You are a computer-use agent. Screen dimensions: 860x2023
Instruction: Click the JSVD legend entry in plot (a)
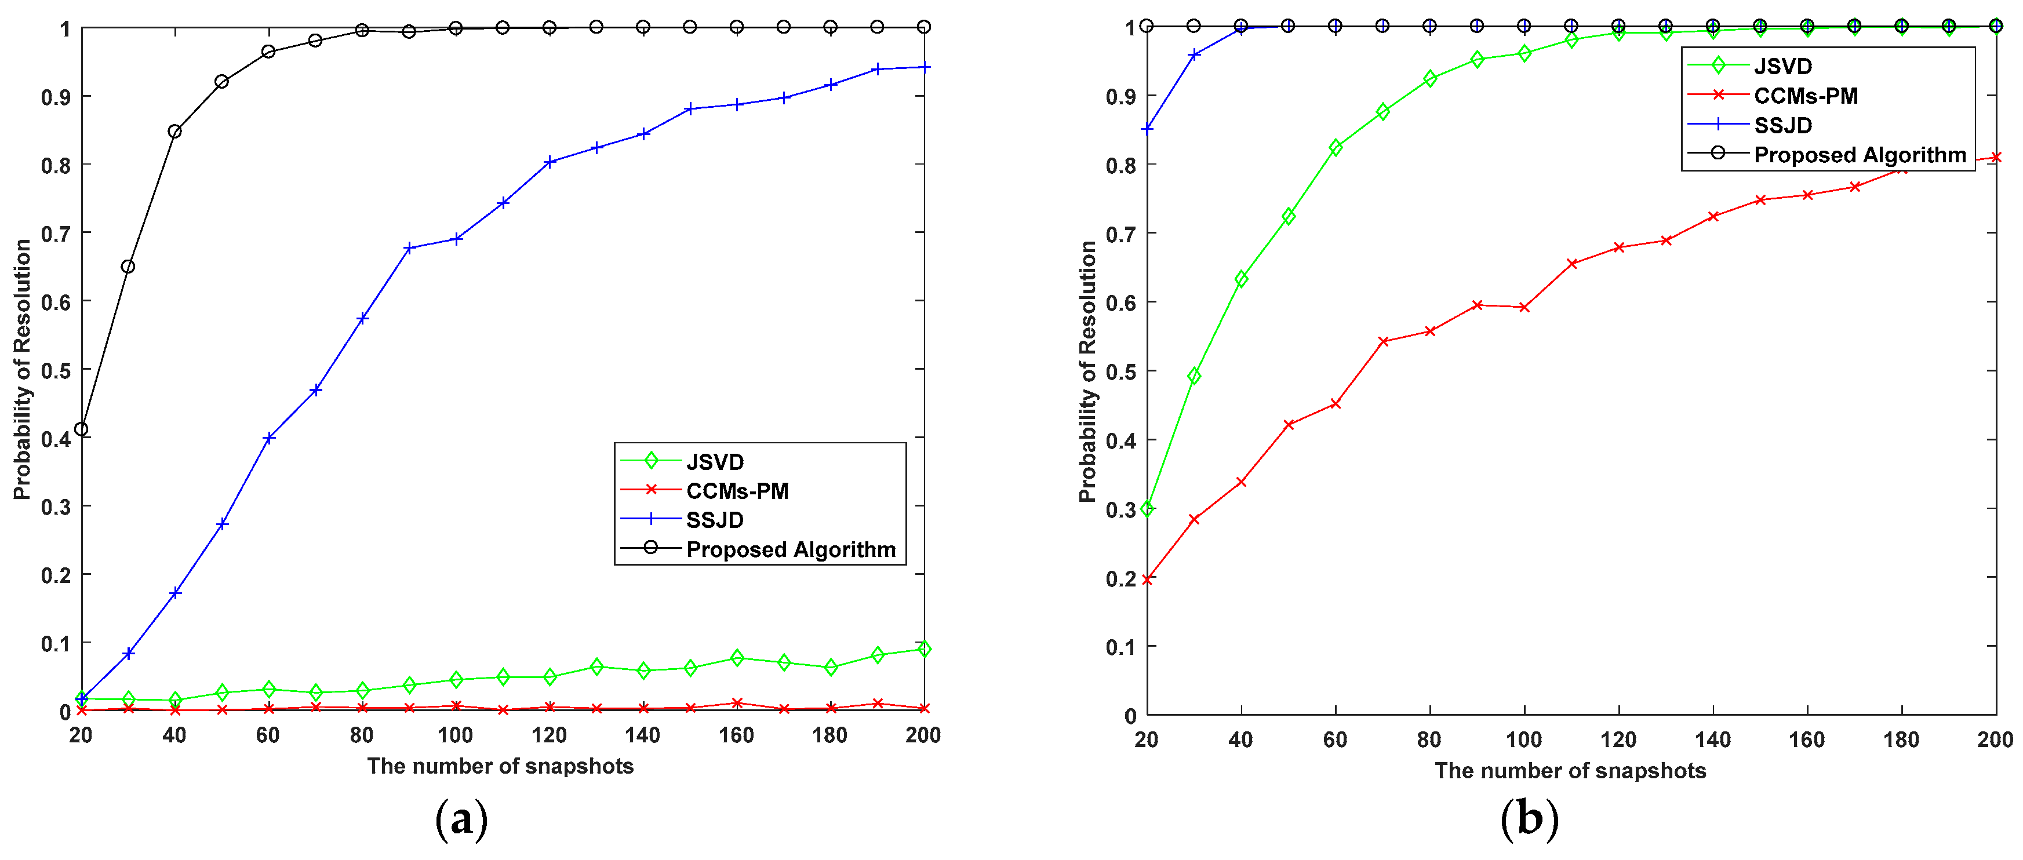click(714, 462)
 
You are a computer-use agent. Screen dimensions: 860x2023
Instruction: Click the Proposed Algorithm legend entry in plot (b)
click(1859, 155)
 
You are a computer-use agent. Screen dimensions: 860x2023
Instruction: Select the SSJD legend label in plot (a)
click(714, 520)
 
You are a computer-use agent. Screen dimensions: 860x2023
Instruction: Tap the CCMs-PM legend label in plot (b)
click(1806, 96)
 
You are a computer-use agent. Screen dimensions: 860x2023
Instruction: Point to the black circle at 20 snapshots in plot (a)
click(81, 429)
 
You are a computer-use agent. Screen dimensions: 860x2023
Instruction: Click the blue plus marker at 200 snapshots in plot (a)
click(925, 68)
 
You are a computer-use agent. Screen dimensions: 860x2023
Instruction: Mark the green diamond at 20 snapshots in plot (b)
click(1147, 508)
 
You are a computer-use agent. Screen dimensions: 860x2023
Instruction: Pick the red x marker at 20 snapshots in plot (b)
click(1147, 580)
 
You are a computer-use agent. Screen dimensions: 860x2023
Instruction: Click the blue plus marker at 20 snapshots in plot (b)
click(1147, 129)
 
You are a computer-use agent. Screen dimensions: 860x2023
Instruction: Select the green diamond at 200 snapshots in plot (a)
click(925, 648)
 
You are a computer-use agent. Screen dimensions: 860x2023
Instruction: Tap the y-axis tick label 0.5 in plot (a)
click(56, 370)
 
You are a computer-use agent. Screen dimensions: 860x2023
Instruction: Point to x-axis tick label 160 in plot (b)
click(1806, 739)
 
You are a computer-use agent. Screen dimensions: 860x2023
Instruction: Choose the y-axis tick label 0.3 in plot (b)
click(1120, 509)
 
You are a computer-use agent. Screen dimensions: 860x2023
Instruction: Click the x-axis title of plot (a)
click(500, 766)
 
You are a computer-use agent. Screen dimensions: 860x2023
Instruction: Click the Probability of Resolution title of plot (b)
click(1087, 371)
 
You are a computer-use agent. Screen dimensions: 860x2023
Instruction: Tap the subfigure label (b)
click(1528, 819)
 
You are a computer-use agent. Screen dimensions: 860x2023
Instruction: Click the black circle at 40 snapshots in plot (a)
click(174, 131)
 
